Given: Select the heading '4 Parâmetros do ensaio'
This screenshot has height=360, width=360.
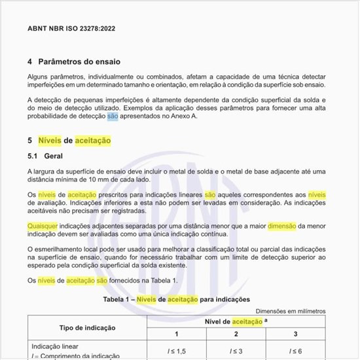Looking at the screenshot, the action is click(x=74, y=62).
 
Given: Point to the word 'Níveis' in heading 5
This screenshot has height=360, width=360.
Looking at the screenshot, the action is click(x=50, y=141).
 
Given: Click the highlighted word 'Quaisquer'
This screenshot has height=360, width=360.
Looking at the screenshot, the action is click(x=43, y=226).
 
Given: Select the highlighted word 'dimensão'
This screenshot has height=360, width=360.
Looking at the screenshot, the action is click(x=281, y=226).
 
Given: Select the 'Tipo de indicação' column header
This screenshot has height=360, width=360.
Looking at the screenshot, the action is click(x=87, y=327).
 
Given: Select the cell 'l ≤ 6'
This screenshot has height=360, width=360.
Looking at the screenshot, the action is click(x=295, y=351).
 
